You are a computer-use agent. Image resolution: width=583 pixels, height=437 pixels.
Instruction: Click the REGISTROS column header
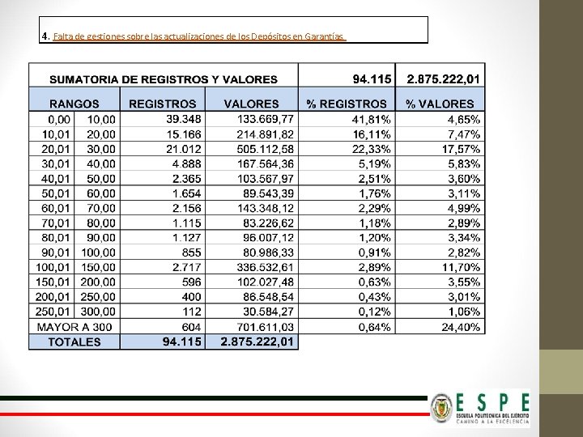[162, 104]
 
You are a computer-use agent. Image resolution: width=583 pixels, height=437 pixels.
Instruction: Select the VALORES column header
[251, 104]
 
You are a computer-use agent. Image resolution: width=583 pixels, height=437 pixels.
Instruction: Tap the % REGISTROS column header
[347, 104]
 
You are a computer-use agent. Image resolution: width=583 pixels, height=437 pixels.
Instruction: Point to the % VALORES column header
[440, 104]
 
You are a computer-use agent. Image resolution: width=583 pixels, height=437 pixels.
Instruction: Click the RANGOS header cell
[74, 104]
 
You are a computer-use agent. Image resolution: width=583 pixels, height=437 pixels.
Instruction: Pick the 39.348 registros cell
[185, 119]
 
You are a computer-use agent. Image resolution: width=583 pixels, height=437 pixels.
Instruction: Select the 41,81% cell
[372, 119]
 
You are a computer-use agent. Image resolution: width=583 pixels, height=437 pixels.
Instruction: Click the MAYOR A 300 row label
[74, 327]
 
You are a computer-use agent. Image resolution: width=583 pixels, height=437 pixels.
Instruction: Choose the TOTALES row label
[74, 342]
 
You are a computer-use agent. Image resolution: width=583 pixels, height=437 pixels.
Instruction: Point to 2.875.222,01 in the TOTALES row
[257, 342]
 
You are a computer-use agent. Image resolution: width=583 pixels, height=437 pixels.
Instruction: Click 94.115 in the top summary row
[372, 79]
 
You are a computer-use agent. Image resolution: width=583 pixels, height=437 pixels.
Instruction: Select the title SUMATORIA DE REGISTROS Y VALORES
[164, 79]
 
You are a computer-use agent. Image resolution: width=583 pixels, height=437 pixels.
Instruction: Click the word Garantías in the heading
[325, 37]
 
